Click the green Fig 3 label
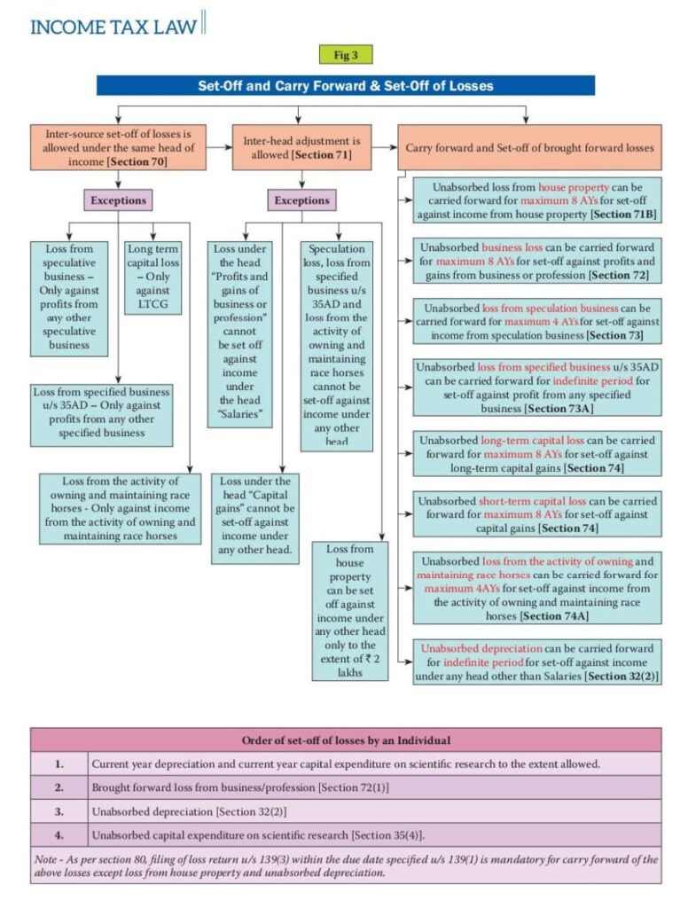[x=346, y=55]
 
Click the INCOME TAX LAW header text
[x=113, y=26]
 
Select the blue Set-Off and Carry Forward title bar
[x=345, y=86]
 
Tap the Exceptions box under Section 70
[x=117, y=200]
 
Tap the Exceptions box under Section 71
[x=301, y=200]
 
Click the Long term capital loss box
[x=152, y=278]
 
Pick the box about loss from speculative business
[x=69, y=297]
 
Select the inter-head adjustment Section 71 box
[x=301, y=147]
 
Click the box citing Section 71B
[x=537, y=201]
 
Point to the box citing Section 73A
[x=537, y=387]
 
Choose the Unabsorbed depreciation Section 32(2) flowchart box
[x=537, y=662]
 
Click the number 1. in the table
[x=59, y=763]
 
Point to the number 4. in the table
[x=59, y=835]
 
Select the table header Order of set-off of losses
[x=346, y=740]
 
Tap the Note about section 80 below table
[x=346, y=865]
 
